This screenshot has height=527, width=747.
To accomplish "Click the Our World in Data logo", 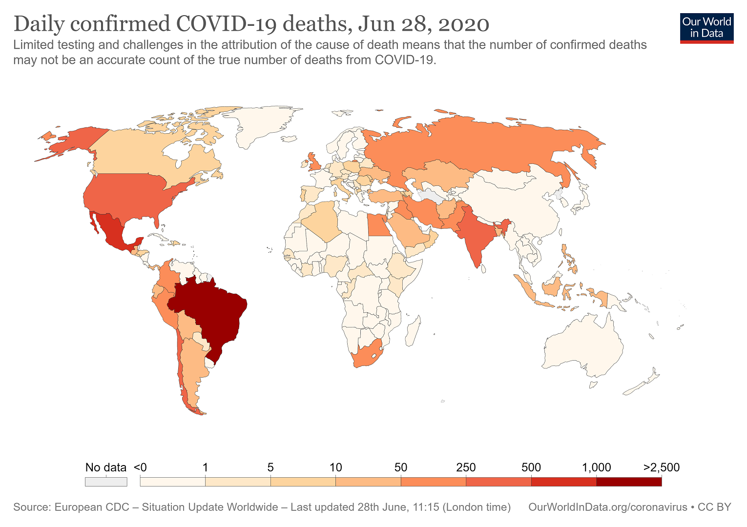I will (x=706, y=28).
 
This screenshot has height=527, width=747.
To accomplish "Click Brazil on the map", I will (x=210, y=312).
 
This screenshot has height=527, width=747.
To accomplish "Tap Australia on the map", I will (x=583, y=346).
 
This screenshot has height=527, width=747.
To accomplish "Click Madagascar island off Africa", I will (x=413, y=332).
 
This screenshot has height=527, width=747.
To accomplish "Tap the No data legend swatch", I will (x=106, y=482).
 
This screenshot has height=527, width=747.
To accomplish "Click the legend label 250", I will (x=466, y=467).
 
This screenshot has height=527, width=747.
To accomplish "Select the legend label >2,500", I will (x=662, y=467).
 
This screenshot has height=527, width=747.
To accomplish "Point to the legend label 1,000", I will (x=596, y=467).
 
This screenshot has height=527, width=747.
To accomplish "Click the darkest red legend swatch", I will (x=629, y=482).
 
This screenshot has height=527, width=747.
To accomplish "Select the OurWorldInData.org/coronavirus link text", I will (x=607, y=507).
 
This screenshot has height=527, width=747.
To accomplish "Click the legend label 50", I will (x=401, y=467).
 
